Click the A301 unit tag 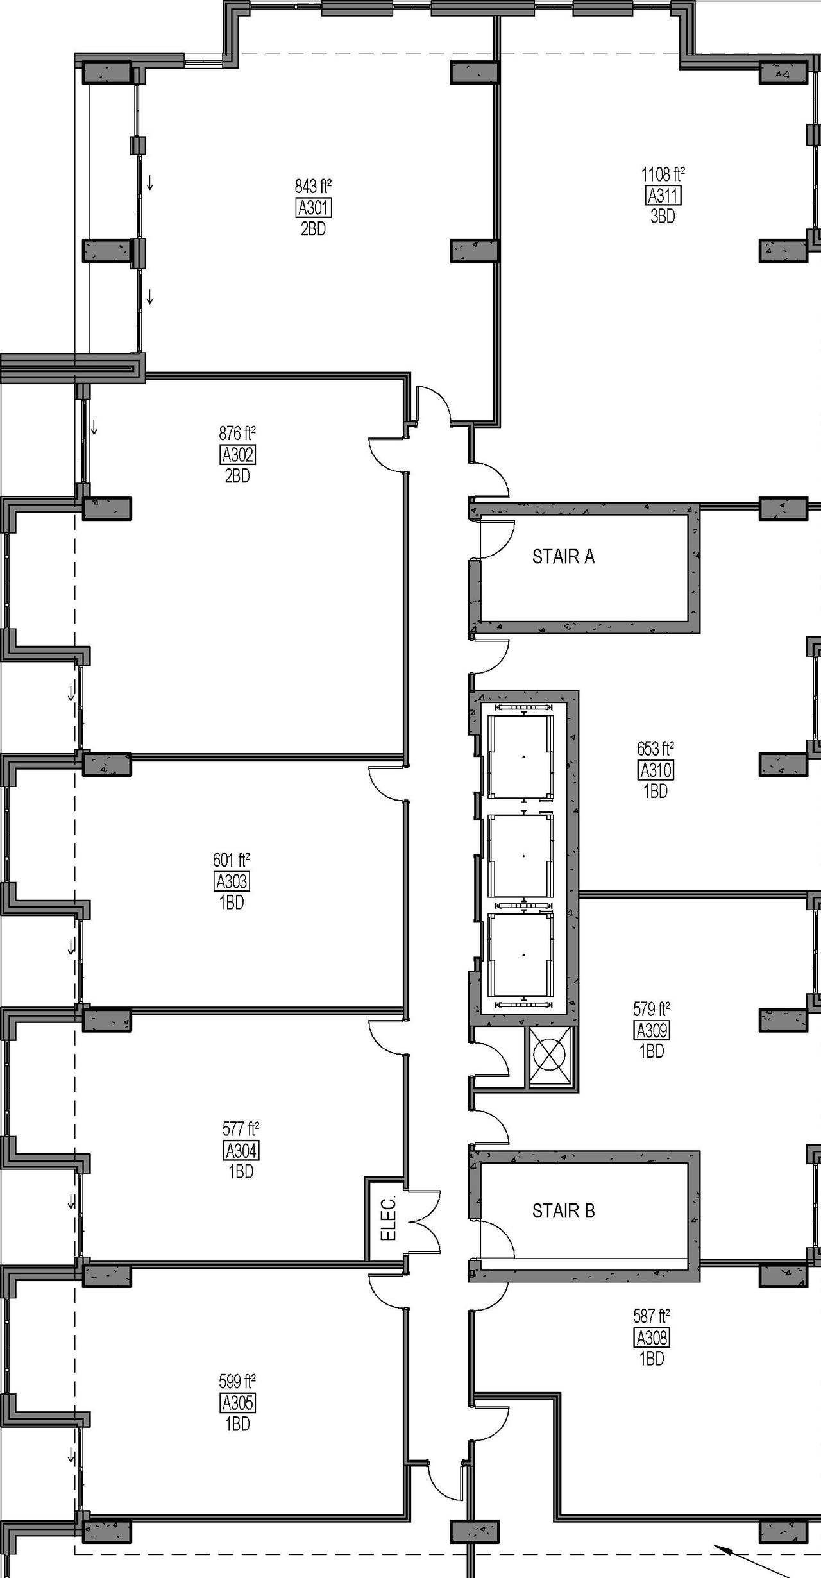[314, 208]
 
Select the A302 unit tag [237, 455]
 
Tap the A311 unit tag [663, 196]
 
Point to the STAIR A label [563, 557]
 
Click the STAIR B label [563, 1211]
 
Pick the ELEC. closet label [389, 1217]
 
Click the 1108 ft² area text [663, 174]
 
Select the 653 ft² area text [656, 749]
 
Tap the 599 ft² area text [237, 1380]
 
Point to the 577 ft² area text [241, 1128]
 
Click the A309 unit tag [652, 1030]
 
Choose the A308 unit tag [652, 1337]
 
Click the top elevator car [521, 757]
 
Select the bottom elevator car [521, 955]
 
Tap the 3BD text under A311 [663, 217]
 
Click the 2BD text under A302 [237, 476]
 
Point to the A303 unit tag [232, 881]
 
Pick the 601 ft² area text [232, 860]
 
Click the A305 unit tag [237, 1403]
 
